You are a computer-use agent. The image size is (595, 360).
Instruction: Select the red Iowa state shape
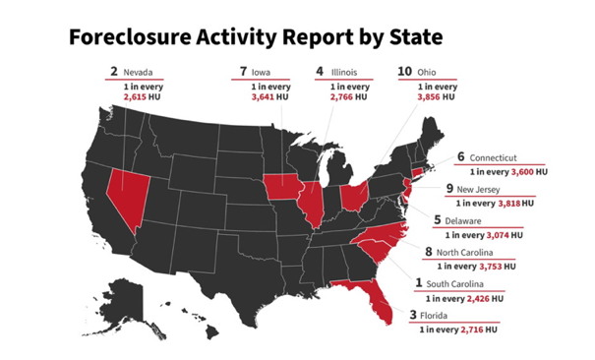(283, 185)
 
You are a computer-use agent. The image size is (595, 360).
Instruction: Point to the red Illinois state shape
(314, 203)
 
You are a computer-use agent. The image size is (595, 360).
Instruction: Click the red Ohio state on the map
(353, 195)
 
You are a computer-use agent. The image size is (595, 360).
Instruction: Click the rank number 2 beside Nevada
(114, 71)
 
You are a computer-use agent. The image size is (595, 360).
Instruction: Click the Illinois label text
(343, 72)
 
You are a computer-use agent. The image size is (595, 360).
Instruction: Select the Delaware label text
(477, 220)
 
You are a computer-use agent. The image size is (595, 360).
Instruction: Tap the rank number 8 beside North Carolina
(429, 251)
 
